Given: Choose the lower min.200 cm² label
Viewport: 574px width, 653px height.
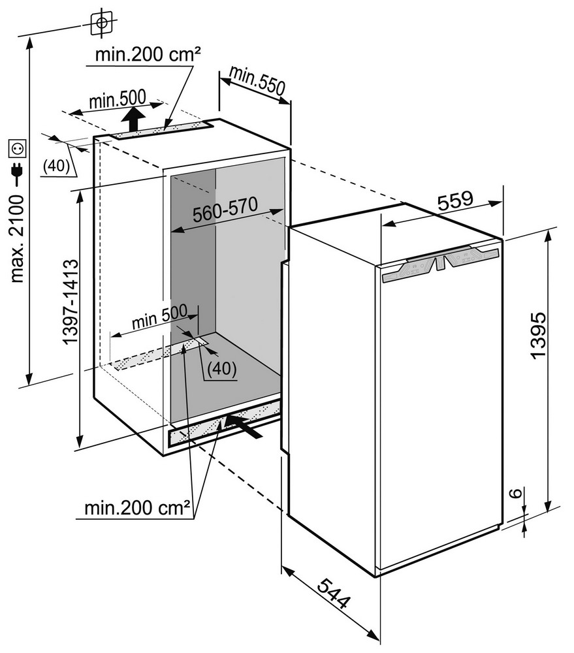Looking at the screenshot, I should click(137, 506).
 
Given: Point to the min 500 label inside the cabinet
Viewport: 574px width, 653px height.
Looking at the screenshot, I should click(159, 317).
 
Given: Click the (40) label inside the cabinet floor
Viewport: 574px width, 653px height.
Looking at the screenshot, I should click(221, 369).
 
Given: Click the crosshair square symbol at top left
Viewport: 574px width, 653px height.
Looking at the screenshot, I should click(101, 23).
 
